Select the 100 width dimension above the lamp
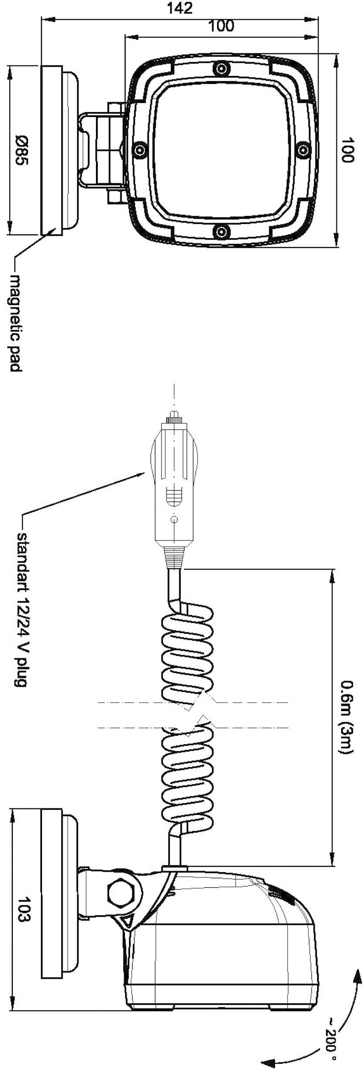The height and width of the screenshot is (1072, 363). [x=221, y=26]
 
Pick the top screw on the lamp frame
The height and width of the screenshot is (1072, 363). [x=222, y=68]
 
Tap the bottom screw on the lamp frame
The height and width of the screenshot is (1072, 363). [x=222, y=230]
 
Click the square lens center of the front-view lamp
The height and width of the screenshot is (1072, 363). [x=222, y=150]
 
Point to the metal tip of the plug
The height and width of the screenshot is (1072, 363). [x=174, y=414]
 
